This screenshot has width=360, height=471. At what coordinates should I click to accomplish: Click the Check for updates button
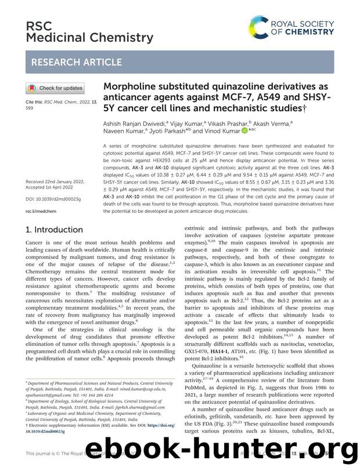[x=55, y=88]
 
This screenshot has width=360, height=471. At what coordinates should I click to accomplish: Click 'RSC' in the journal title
[x=37, y=26]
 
